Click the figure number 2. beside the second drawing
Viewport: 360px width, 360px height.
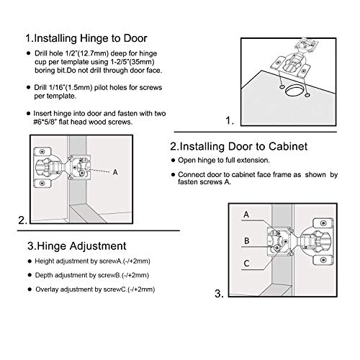[23, 220]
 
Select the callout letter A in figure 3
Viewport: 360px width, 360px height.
[246, 215]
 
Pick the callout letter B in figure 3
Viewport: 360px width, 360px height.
[246, 240]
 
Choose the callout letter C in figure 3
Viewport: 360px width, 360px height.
[246, 264]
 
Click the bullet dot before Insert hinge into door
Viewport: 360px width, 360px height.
[27, 113]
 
